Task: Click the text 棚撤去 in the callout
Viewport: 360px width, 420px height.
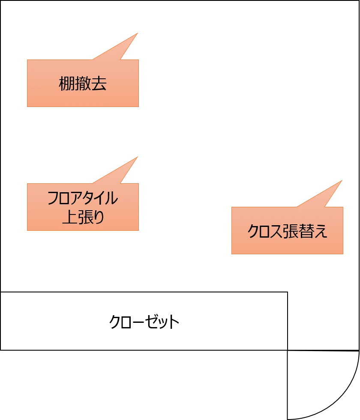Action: [x=83, y=83]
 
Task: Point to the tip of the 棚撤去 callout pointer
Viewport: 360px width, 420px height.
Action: [x=138, y=33]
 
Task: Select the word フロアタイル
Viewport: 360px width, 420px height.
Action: [x=83, y=198]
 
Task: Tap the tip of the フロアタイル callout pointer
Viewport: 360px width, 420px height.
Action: [x=138, y=157]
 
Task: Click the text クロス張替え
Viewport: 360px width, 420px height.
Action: [x=287, y=231]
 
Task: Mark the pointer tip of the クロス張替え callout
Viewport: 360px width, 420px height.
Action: [x=342, y=180]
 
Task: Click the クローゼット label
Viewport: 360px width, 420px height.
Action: [x=144, y=322]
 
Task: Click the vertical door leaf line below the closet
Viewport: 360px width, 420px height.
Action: [x=287, y=384]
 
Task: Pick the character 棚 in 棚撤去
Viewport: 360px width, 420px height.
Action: [x=67, y=83]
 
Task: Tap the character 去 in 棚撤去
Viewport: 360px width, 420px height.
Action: [x=99, y=83]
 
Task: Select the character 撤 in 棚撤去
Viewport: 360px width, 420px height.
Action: [x=83, y=83]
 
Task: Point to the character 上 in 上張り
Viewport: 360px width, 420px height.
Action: [x=70, y=217]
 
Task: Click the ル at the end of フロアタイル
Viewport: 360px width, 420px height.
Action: [x=111, y=198]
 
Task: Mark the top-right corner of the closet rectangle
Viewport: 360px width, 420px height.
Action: [x=288, y=292]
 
